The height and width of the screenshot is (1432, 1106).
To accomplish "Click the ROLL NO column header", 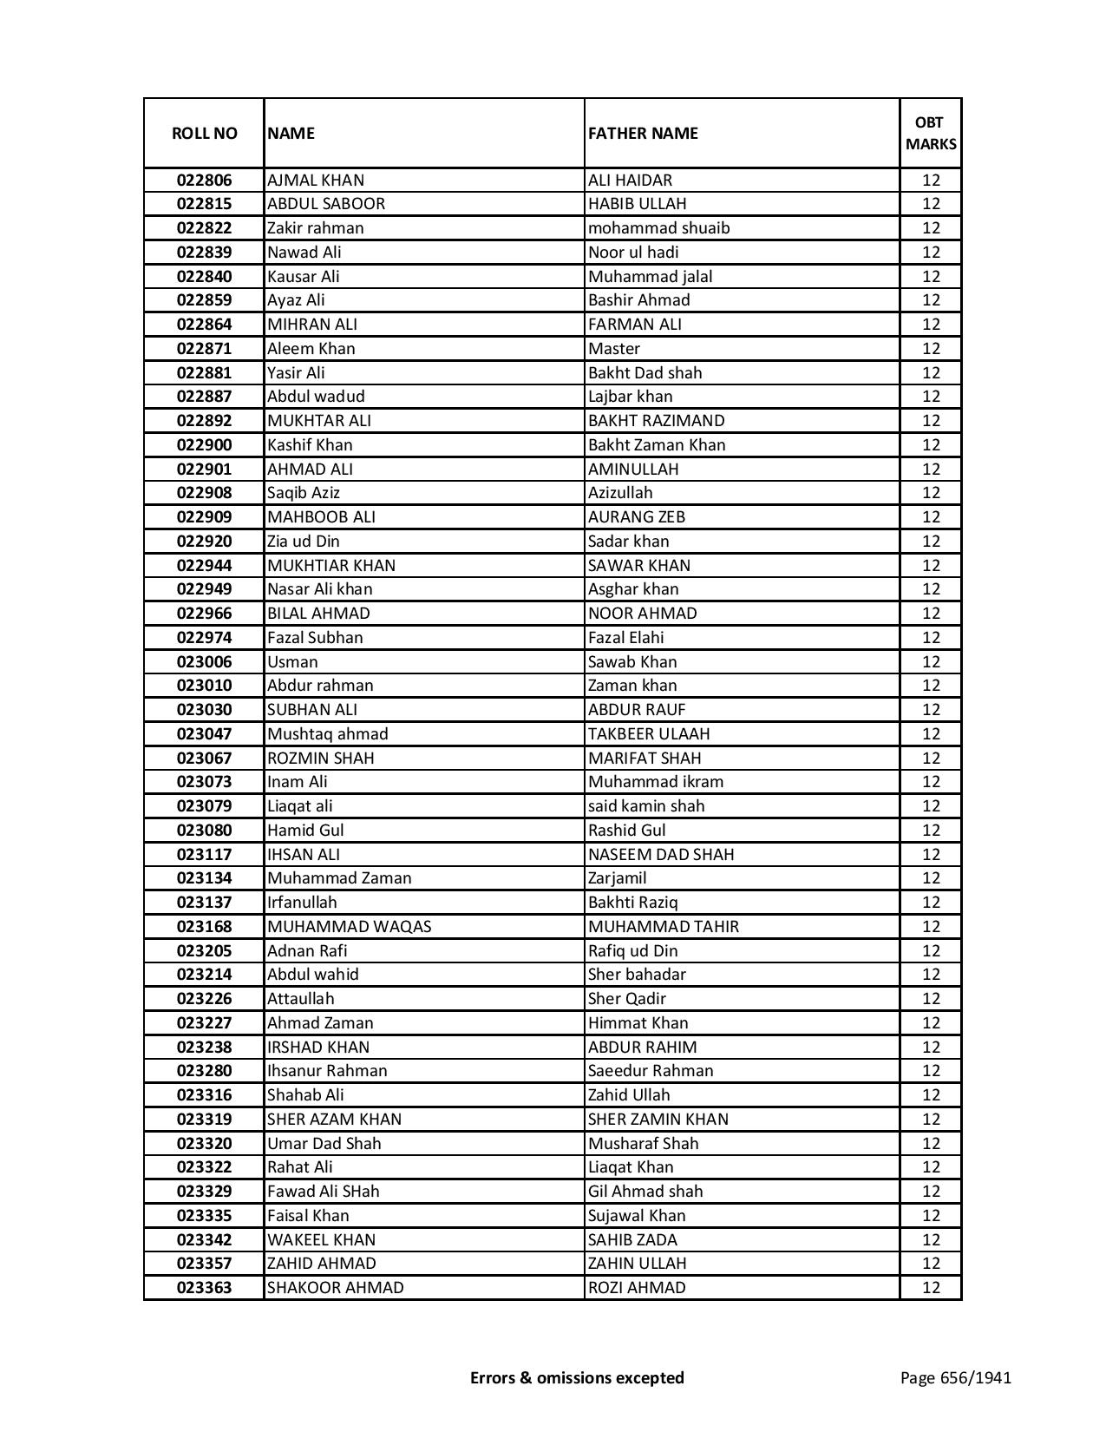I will pyautogui.click(x=204, y=133).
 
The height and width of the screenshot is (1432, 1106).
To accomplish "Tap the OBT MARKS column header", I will pyautogui.click(x=931, y=133).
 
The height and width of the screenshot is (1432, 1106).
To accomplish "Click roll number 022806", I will pyautogui.click(x=204, y=181).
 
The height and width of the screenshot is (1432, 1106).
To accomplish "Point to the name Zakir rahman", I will pyautogui.click(x=315, y=228).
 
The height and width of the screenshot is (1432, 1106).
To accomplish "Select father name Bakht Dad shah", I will pyautogui.click(x=645, y=372).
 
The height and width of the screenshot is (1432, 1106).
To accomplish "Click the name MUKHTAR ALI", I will pyautogui.click(x=318, y=421).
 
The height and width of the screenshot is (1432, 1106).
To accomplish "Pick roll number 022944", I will pyautogui.click(x=204, y=566).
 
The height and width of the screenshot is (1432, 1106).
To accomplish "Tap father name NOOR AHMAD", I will pyautogui.click(x=642, y=614).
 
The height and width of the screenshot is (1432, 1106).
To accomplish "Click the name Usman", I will pyautogui.click(x=292, y=662).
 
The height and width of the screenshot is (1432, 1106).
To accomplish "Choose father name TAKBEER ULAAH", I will pyautogui.click(x=648, y=734).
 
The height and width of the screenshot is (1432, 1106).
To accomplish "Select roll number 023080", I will pyautogui.click(x=204, y=831).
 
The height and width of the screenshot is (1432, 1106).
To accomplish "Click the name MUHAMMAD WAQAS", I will pyautogui.click(x=349, y=927).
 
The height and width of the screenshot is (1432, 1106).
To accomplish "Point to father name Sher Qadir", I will pyautogui.click(x=626, y=999).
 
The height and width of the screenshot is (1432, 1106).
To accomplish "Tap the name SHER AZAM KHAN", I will pyautogui.click(x=334, y=1120).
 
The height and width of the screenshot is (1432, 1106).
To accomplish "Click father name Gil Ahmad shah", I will pyautogui.click(x=645, y=1192).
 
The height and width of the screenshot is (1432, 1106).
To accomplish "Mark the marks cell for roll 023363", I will pyautogui.click(x=931, y=1288).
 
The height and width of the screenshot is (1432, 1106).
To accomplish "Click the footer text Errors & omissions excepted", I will pyautogui.click(x=577, y=1377).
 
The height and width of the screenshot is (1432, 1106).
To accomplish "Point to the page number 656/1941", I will pyautogui.click(x=955, y=1377).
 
